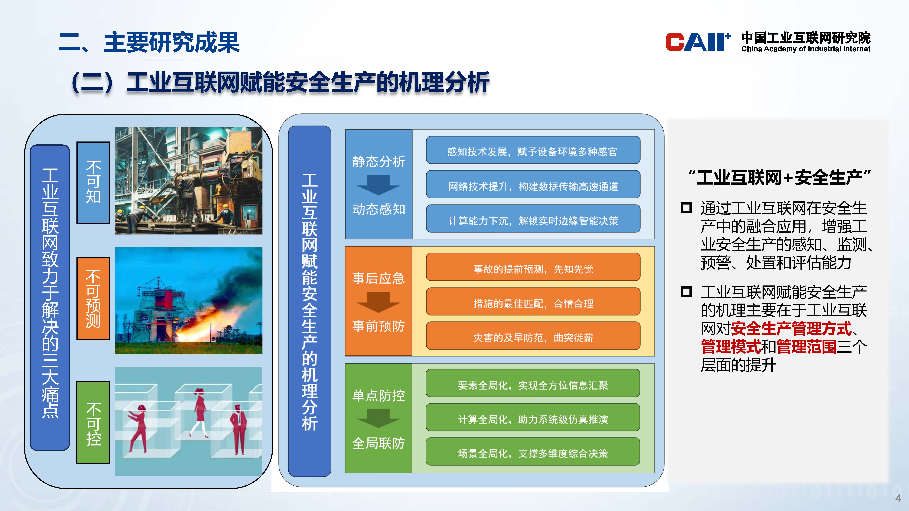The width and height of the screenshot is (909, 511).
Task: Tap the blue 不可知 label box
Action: [x=93, y=183]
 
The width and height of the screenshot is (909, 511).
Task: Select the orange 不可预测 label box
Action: [x=93, y=299]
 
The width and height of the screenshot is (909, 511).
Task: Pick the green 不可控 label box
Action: [x=93, y=422]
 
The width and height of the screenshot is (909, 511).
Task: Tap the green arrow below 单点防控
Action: [x=378, y=419]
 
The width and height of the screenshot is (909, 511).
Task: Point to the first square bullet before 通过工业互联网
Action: [x=686, y=208]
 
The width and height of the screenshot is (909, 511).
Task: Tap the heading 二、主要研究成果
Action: [x=149, y=42]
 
